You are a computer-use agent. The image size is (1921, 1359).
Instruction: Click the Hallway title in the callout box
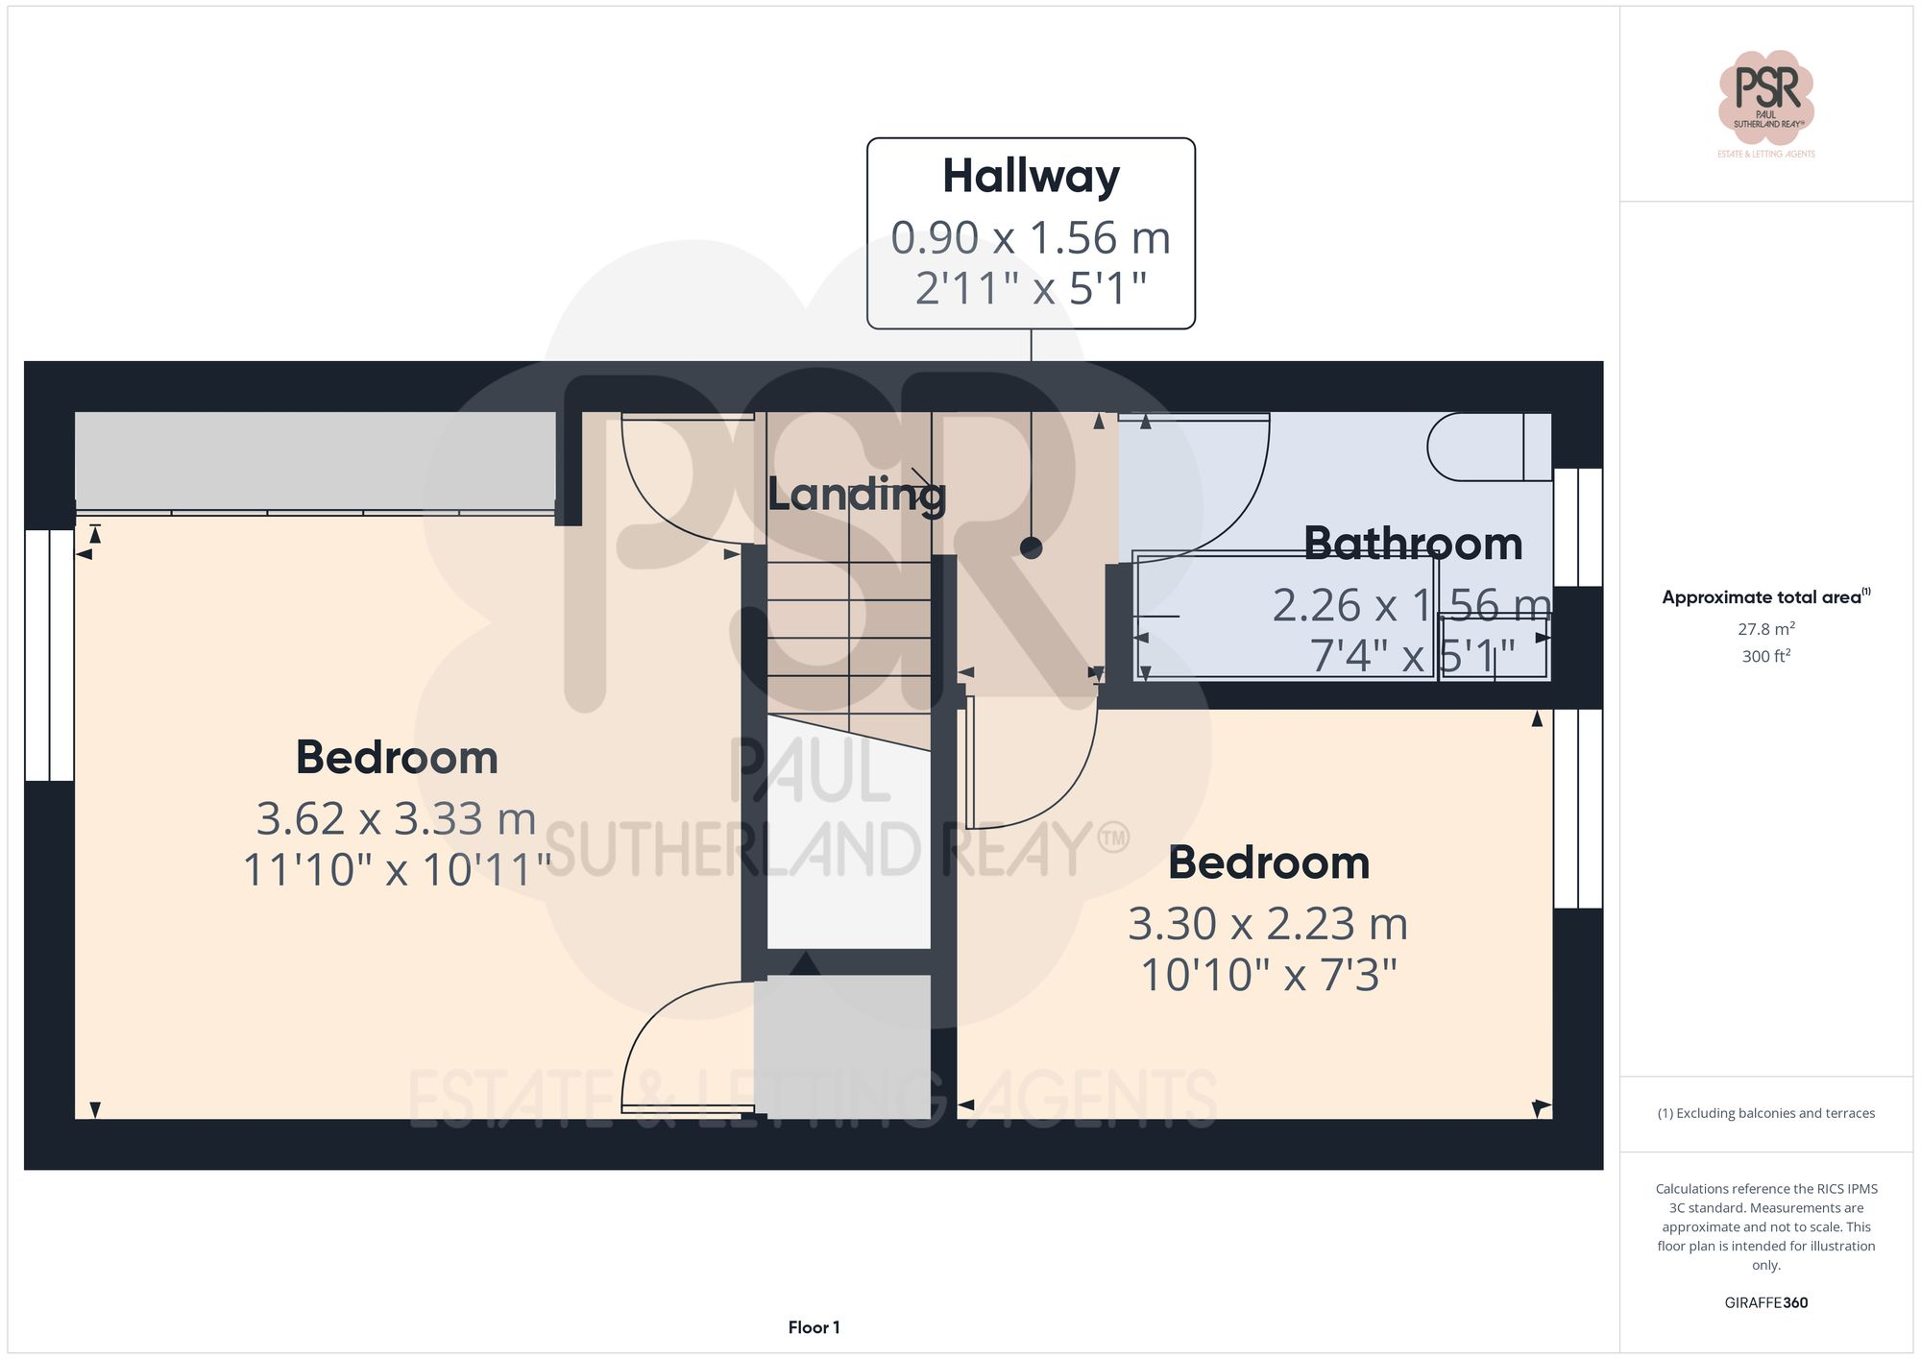click(1031, 177)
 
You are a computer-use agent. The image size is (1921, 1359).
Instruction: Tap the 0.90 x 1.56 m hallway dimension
click(1031, 237)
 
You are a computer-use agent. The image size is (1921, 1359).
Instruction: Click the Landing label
click(856, 495)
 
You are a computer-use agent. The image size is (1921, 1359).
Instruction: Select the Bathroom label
click(1412, 544)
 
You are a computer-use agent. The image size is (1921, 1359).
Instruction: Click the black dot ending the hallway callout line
click(1031, 547)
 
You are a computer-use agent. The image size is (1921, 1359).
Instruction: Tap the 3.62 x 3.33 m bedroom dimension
click(396, 819)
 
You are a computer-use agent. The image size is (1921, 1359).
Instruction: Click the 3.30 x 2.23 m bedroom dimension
click(1267, 924)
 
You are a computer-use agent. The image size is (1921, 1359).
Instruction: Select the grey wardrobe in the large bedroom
click(315, 461)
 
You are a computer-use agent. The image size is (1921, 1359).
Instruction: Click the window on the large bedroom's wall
click(49, 655)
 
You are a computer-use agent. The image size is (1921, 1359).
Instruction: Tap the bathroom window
click(1577, 527)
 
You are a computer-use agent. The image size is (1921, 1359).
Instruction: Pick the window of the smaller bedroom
click(1577, 809)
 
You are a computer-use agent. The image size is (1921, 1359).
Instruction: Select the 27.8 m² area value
click(1765, 629)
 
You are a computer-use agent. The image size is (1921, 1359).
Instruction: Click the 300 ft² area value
click(1765, 657)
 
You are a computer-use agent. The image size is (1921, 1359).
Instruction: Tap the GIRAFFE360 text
click(1765, 1303)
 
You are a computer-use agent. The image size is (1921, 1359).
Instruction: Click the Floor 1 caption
click(814, 1327)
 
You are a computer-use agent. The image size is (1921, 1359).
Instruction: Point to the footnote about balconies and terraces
click(1765, 1113)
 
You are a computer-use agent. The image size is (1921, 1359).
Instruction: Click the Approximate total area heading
click(1765, 596)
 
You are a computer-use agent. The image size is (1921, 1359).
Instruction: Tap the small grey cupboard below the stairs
click(842, 1047)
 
